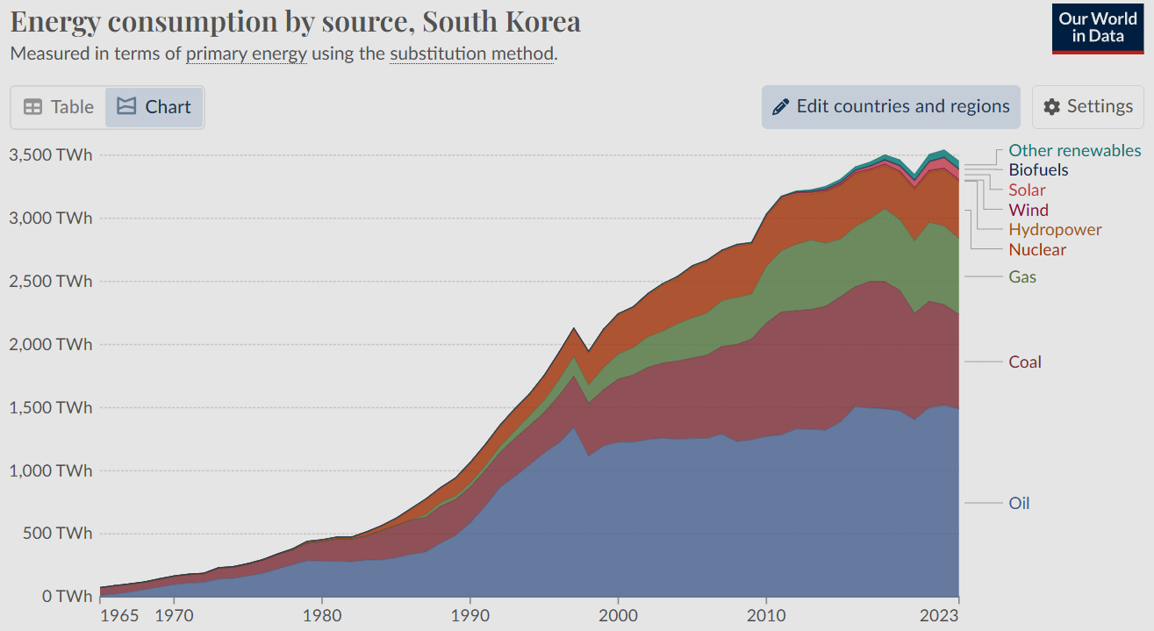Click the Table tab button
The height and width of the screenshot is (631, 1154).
coord(59,107)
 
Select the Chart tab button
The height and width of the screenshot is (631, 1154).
coord(154,107)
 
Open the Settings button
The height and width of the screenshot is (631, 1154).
coord(1088,107)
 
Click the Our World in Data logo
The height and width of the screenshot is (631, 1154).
coord(1097,28)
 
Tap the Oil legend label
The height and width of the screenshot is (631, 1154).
coord(1019,503)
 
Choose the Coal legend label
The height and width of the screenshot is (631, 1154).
coord(1025,362)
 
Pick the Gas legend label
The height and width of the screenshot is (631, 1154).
coord(1022,276)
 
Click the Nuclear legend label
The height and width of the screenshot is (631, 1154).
coord(1037,249)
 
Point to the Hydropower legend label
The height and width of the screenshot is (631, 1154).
coord(1055,229)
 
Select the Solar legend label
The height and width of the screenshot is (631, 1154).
coord(1027,190)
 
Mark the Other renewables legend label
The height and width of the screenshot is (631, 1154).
coord(1075,150)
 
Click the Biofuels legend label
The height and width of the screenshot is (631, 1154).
coord(1038,169)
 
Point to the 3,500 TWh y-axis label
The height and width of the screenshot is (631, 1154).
coord(50,154)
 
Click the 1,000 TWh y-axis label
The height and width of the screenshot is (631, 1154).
coord(50,470)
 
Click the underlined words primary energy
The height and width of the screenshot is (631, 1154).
coord(247,54)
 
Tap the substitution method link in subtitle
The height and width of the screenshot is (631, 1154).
coord(471,54)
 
